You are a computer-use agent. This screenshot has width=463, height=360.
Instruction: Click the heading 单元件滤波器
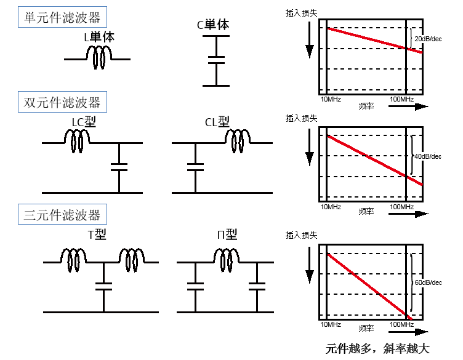[62, 17]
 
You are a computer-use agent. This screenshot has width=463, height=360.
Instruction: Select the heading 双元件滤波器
[62, 102]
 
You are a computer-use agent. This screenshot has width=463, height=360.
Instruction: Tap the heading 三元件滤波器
[62, 215]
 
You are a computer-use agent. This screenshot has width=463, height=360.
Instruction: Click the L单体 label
[99, 37]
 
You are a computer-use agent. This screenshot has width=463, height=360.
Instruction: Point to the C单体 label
[213, 25]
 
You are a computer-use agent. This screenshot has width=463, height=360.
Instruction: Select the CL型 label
[217, 122]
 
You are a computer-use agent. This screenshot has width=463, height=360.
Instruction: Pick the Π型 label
[227, 234]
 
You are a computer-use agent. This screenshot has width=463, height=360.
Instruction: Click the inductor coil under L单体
[98, 57]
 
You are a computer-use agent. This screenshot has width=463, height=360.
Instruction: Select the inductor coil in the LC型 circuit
[78, 140]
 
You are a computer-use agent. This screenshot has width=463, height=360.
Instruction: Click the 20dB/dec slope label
[428, 39]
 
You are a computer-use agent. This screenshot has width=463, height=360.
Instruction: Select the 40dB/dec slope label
[428, 156]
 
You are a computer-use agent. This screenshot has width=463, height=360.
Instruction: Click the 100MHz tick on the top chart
[402, 100]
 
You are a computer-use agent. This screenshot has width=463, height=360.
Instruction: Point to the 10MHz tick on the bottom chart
[330, 324]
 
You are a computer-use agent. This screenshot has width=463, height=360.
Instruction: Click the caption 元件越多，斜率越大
[377, 349]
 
